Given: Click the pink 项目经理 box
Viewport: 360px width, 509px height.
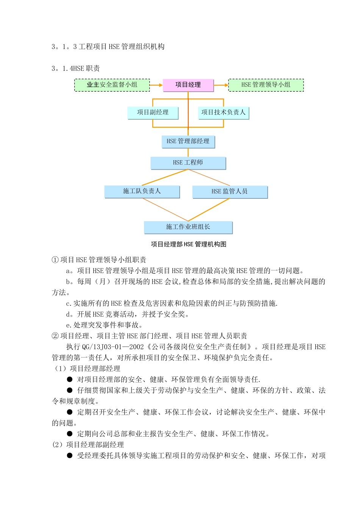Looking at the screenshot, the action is click(188, 85).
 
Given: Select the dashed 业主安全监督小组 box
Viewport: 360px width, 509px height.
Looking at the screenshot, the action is click(112, 85).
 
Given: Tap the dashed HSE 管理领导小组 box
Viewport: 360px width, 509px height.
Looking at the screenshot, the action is click(266, 85).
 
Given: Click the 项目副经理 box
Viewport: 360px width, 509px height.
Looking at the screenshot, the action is click(153, 112).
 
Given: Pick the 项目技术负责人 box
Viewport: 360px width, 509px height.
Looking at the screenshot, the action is click(223, 112).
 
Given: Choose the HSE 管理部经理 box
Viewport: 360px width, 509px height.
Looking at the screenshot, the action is click(188, 141).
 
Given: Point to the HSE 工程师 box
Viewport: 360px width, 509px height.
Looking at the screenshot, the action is click(188, 162).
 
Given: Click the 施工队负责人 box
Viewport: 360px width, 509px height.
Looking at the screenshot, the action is click(142, 191).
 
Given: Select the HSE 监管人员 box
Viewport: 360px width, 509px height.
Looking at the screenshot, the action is click(230, 192).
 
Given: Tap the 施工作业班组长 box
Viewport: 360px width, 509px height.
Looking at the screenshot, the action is click(188, 227).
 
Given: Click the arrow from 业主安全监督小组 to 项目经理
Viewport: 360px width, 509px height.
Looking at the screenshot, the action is click(156, 85).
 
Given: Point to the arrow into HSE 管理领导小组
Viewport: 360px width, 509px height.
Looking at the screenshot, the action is click(221, 85).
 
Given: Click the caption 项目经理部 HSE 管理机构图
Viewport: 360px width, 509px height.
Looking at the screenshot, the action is click(188, 244).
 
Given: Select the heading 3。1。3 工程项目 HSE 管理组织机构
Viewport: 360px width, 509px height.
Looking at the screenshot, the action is click(108, 47).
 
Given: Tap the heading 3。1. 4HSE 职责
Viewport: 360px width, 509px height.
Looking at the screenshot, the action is click(76, 69).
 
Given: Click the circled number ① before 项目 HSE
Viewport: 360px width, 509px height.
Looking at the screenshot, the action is click(55, 260).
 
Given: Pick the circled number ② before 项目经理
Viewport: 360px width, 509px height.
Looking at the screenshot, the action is click(55, 336).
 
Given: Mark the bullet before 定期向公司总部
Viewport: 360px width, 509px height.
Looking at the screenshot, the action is click(70, 434).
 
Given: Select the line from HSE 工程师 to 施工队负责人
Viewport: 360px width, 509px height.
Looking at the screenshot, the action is click(165, 177).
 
